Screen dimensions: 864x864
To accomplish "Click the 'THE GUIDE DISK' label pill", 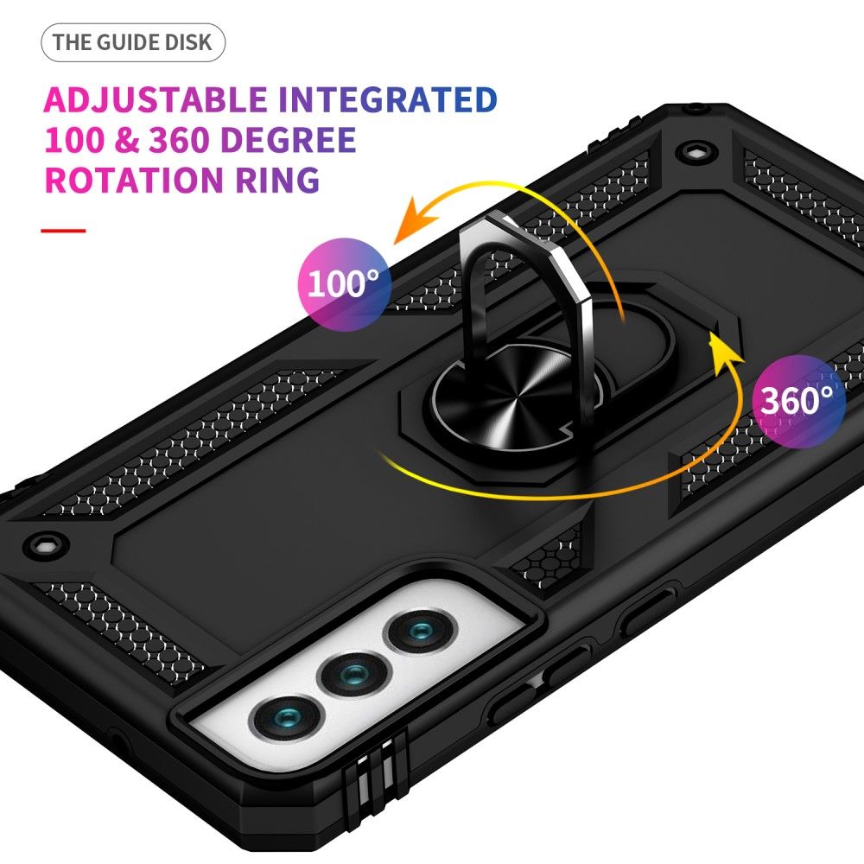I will click(132, 43).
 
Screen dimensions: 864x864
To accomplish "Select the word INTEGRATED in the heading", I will click(388, 100).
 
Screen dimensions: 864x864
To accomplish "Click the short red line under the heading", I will click(64, 231).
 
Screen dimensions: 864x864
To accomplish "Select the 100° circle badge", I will click(344, 283).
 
